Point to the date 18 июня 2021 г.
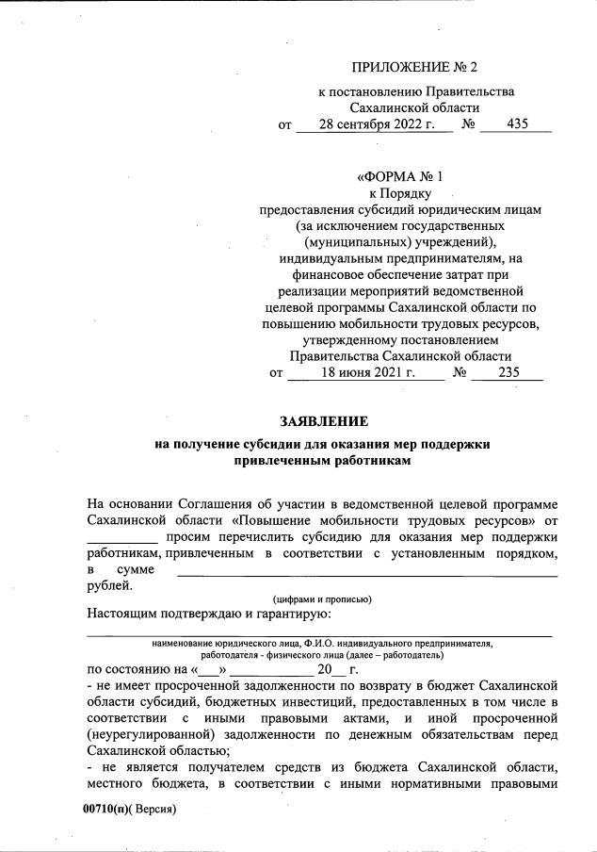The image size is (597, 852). click(367, 372)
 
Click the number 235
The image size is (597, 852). click(508, 372)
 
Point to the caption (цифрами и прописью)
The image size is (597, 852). click(322, 599)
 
